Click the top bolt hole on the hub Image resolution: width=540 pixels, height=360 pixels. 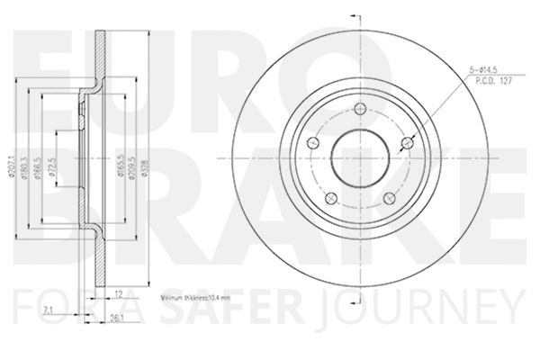(359, 110)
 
